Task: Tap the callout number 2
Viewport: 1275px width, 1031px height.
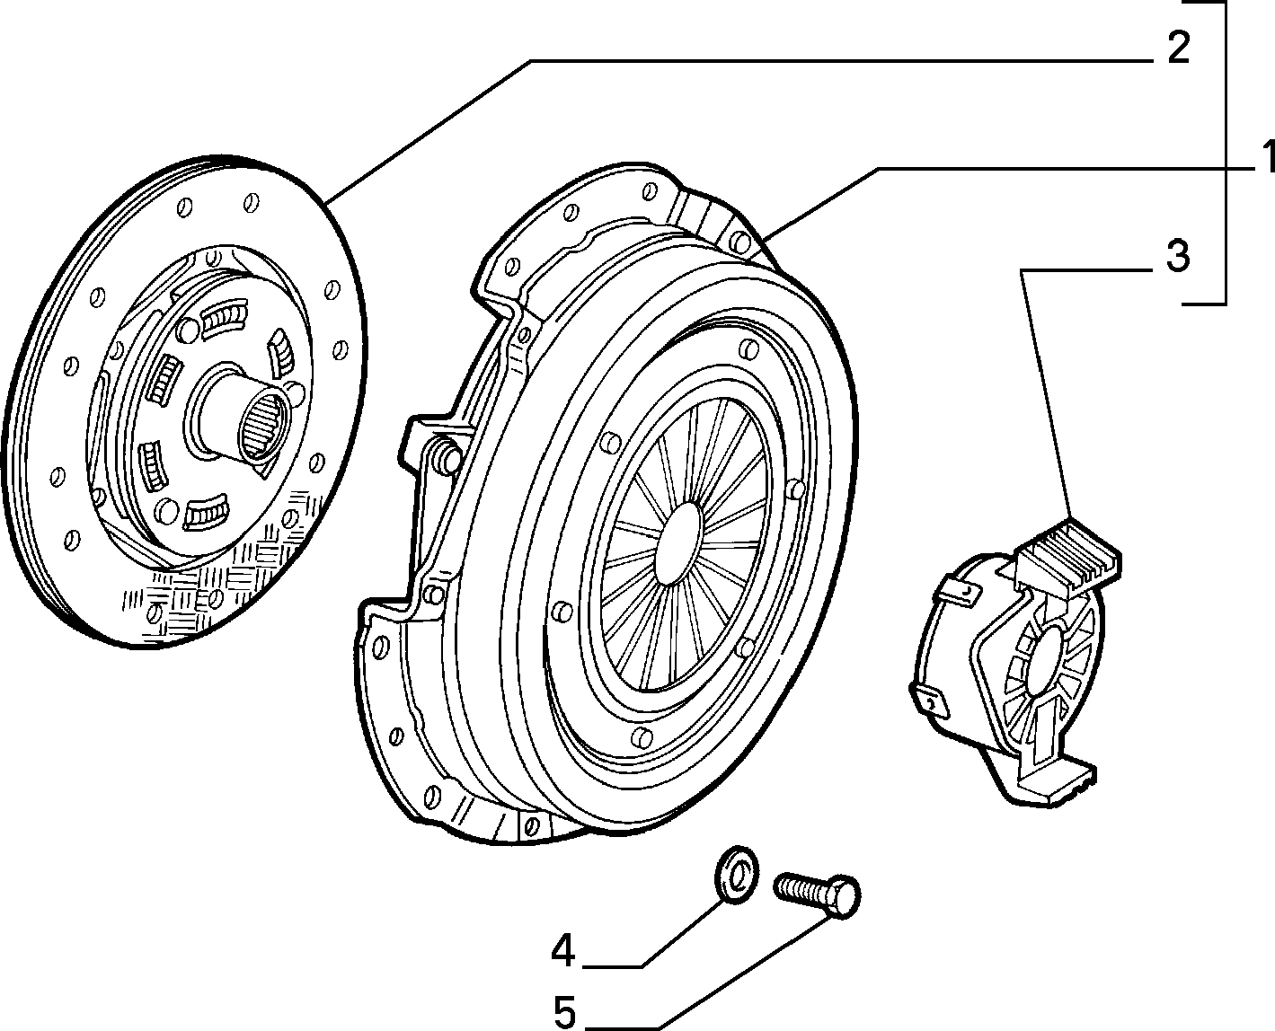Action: coord(1178,48)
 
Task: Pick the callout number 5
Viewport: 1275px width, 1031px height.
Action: coord(564,1012)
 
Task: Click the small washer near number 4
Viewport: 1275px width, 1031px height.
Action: coord(737,875)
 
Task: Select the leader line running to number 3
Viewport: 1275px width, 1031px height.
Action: coord(1045,395)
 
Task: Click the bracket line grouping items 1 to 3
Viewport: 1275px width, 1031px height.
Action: coord(1224,153)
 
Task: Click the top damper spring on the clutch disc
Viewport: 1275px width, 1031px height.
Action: coord(225,318)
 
